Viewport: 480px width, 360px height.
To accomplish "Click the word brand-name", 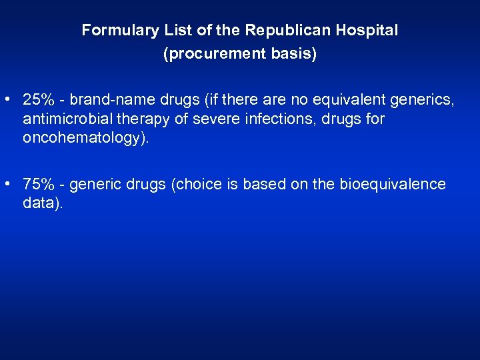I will pos(113,100).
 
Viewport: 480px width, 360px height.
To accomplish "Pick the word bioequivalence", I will pos(392,185).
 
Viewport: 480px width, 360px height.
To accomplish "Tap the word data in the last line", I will pos(39,203).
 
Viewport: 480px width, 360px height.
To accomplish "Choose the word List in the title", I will pos(174,31).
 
